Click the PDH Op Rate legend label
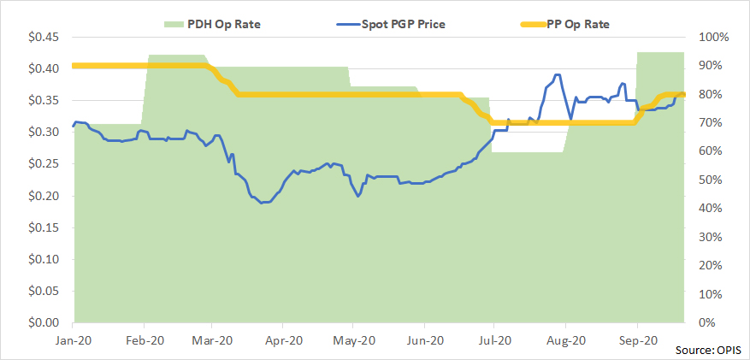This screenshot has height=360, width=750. pyautogui.click(x=223, y=23)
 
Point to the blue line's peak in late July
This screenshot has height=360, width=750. pyautogui.click(x=557, y=74)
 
